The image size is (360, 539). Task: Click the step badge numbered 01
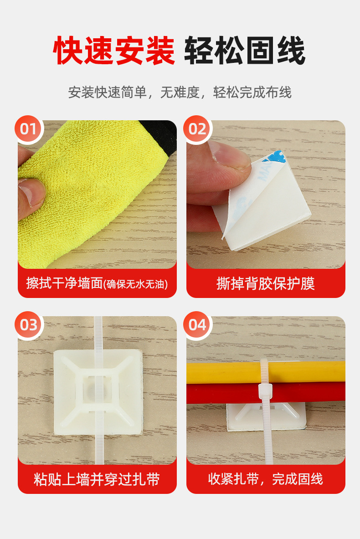coord(29,129)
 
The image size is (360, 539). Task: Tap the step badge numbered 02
coord(197,129)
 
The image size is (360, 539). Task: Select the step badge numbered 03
coord(29,325)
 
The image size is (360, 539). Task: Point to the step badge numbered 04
coord(197,325)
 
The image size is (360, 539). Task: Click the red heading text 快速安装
coord(114,51)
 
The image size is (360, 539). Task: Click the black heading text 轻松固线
coord(245,51)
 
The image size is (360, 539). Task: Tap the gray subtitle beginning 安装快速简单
coord(180,92)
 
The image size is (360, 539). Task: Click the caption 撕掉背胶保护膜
coord(266,284)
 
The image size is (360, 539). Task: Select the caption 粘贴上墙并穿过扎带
coord(97,479)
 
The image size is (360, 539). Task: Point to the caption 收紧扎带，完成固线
coord(266,479)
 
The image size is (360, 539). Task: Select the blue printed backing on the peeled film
coord(273,164)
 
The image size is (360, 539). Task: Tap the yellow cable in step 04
coord(266,372)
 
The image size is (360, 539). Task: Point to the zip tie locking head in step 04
coord(265,391)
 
